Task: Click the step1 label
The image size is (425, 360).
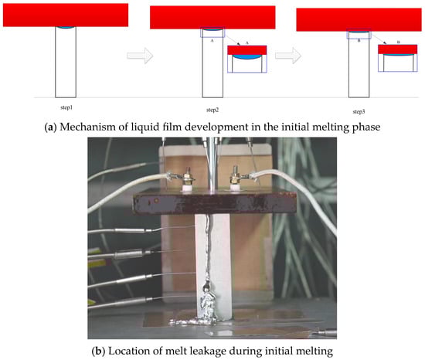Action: click(x=66, y=107)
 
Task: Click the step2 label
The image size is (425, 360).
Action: click(x=212, y=110)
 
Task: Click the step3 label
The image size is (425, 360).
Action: click(x=359, y=111)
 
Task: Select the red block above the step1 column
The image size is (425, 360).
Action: click(x=66, y=15)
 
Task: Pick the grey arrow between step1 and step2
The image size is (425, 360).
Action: click(x=140, y=56)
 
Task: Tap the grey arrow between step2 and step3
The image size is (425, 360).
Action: click(x=288, y=56)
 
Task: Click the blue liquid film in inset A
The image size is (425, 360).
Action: click(x=247, y=56)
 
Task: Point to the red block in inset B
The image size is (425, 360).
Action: click(x=398, y=49)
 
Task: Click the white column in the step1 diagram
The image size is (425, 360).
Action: click(x=66, y=62)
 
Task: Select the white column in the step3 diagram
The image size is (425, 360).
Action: click(x=359, y=64)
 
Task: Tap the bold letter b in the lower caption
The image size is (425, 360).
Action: click(x=98, y=352)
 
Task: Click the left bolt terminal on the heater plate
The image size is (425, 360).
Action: click(x=186, y=179)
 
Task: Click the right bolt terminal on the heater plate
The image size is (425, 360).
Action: click(x=235, y=178)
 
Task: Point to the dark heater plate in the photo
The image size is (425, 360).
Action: click(x=214, y=202)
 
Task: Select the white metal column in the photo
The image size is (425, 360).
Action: click(x=213, y=267)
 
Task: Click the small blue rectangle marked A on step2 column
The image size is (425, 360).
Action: click(x=212, y=32)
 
